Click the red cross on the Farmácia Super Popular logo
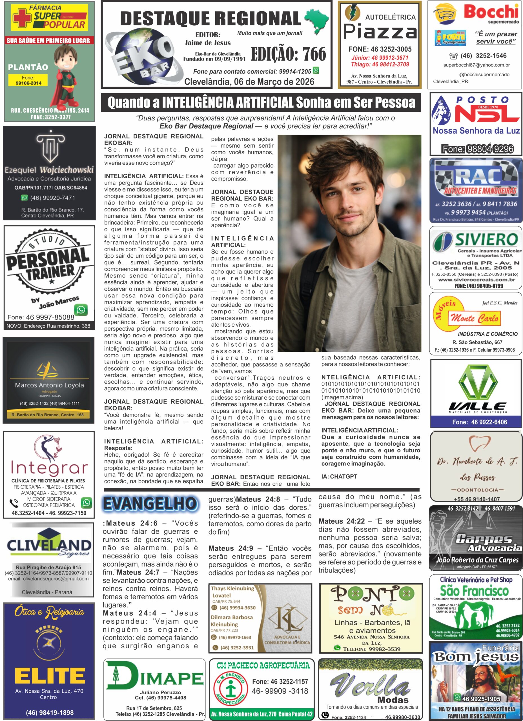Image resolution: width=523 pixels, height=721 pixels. point(22,17)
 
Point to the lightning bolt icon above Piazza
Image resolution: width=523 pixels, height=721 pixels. point(352,13)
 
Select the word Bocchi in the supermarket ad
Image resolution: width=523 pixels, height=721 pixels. point(491,12)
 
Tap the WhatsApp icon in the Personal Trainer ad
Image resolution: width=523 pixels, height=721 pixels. point(81,310)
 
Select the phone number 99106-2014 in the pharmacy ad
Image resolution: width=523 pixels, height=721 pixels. point(29,83)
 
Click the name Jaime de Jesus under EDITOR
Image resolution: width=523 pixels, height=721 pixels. point(208,43)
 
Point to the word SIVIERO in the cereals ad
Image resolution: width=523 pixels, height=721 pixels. point(487,239)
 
